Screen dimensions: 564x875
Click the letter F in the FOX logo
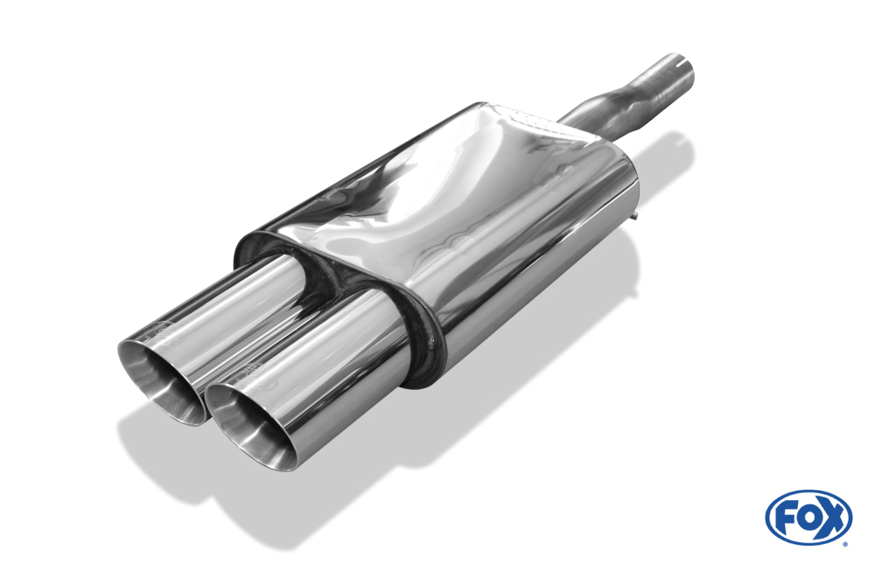pyautogui.click(x=785, y=518)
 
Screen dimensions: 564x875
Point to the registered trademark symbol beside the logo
pyautogui.click(x=844, y=544)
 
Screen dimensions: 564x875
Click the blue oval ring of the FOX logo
pyautogui.click(x=808, y=496)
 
